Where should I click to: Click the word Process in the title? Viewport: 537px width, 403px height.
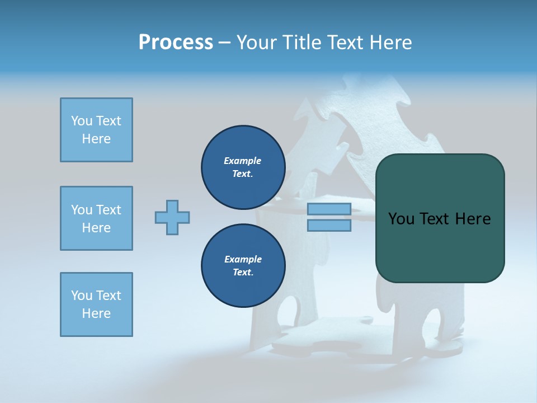(x=176, y=42)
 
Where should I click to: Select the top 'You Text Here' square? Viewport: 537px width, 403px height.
(x=96, y=130)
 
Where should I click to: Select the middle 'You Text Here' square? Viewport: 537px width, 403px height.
(x=96, y=218)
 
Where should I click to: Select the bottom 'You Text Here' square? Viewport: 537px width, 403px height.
(x=96, y=304)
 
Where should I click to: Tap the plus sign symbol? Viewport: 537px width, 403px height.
(x=172, y=217)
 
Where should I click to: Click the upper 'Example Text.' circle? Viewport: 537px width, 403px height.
(x=243, y=167)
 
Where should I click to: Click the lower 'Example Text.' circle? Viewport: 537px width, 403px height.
(x=243, y=266)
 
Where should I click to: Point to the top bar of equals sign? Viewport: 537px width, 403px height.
(x=329, y=209)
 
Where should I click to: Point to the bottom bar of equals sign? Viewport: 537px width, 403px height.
(x=329, y=226)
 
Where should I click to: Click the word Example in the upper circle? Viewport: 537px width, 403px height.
(x=242, y=161)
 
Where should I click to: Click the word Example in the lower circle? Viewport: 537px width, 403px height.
(x=243, y=259)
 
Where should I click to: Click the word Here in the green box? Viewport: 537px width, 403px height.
(x=473, y=218)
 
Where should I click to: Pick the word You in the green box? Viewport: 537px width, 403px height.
(x=401, y=218)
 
